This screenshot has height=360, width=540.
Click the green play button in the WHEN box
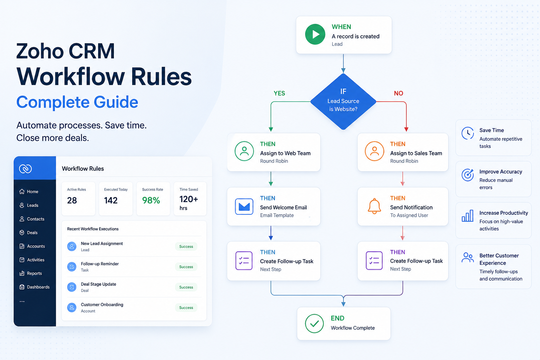[315, 34]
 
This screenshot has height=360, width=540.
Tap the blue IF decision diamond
[343, 102]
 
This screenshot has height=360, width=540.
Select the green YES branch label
[279, 93]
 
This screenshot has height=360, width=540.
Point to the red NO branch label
[398, 93]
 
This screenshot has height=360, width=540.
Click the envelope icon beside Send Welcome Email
[244, 206]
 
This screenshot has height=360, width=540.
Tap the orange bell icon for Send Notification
[374, 206]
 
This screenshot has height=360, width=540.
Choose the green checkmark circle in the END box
[314, 323]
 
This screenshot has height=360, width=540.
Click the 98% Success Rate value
[151, 200]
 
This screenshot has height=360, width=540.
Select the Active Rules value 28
[72, 200]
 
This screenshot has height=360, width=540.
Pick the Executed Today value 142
[111, 200]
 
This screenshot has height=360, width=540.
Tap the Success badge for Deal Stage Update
[186, 287]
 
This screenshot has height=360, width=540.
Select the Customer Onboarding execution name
[102, 304]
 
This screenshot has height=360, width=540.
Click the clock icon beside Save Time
[468, 133]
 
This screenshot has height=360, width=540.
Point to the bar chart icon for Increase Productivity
[468, 216]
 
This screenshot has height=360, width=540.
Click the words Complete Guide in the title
[77, 102]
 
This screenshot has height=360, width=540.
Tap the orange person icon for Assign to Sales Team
[374, 151]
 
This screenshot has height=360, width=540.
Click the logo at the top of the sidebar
[25, 168]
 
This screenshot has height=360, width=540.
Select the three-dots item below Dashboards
[22, 301]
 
